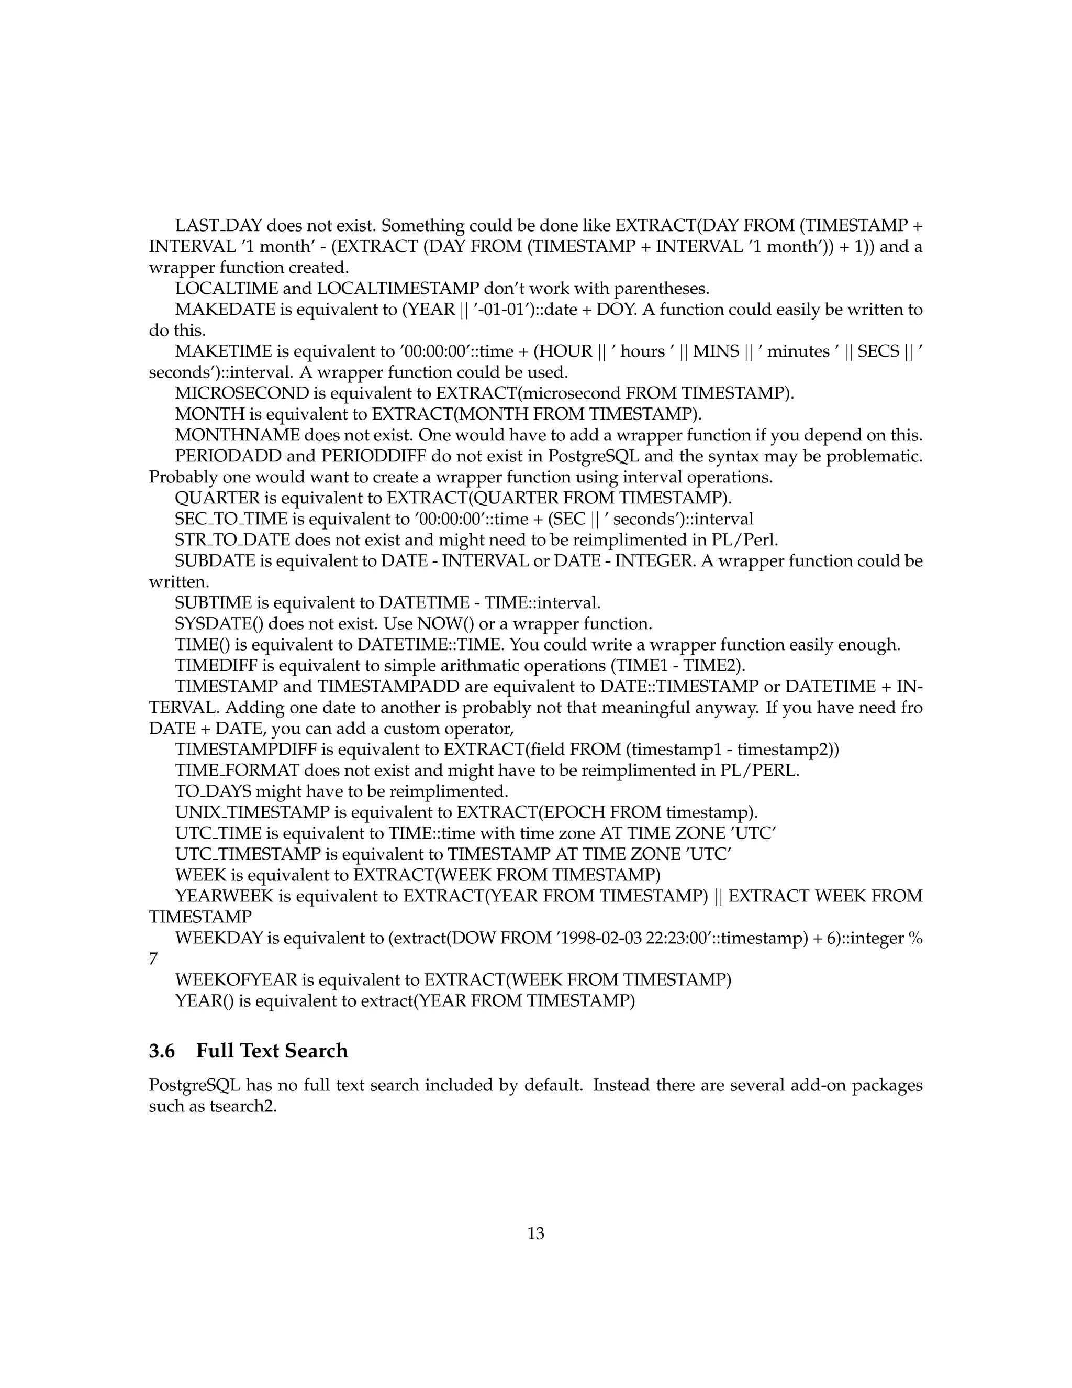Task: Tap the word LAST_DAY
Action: pyautogui.click(x=218, y=226)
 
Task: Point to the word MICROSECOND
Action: pyautogui.click(x=241, y=393)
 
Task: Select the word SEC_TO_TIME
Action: pyautogui.click(x=231, y=519)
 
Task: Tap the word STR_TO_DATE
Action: pyautogui.click(x=232, y=540)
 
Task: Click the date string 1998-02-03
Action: pyautogui.click(x=600, y=938)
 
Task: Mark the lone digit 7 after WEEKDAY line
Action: pyautogui.click(x=153, y=959)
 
